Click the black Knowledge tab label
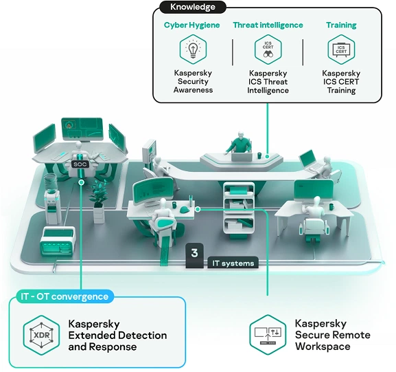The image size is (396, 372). pos(193,7)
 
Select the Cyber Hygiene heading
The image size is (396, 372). pos(192,25)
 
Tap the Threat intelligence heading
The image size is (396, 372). pos(268,25)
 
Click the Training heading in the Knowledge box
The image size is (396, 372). pos(341,25)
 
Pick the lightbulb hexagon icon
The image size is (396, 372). pos(194,50)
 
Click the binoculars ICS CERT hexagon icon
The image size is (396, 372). pos(268,50)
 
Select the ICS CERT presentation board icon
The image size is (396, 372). pos(341,50)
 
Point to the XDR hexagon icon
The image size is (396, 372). pos(41,336)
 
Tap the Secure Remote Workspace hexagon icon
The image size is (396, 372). pos(268,335)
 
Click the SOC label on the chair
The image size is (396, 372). pos(80,164)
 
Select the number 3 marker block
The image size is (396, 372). pos(194,255)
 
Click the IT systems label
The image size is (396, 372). pos(233,263)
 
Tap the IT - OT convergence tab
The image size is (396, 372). pos(65,296)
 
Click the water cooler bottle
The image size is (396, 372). pos(51,182)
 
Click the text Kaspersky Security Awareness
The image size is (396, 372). pos(194,82)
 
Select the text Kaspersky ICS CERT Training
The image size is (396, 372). pos(341,82)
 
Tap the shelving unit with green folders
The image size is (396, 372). pos(239,210)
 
